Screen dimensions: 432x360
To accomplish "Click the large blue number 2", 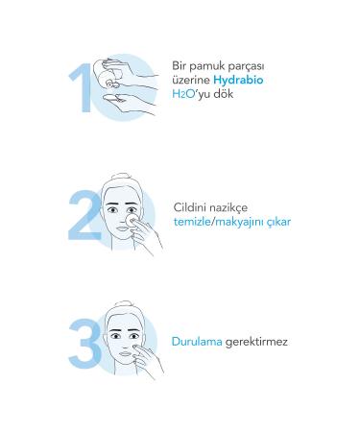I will [x=84, y=215].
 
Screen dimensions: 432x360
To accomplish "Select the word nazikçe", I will [x=240, y=206].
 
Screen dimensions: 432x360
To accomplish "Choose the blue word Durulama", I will [x=198, y=341].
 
